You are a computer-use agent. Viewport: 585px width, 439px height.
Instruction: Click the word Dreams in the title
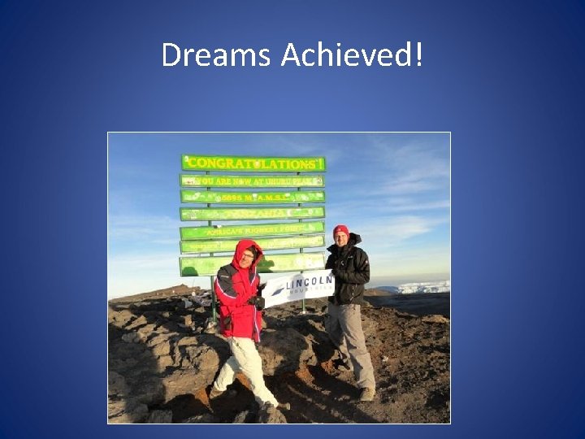217,55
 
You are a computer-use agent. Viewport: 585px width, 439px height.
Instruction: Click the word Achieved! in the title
352,55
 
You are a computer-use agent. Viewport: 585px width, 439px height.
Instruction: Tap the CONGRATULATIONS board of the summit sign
253,163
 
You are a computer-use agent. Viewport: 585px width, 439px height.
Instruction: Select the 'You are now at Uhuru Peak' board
252,180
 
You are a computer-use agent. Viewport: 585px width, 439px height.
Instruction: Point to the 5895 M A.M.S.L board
253,197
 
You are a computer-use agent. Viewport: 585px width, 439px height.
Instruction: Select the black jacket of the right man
351,272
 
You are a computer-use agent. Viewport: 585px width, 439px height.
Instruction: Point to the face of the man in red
247,257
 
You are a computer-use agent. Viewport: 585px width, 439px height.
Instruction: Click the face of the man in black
341,241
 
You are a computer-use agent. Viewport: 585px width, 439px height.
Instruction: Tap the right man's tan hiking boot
367,393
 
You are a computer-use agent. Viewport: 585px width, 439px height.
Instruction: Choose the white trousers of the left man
244,366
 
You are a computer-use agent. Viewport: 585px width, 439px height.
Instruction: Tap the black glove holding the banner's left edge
258,302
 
